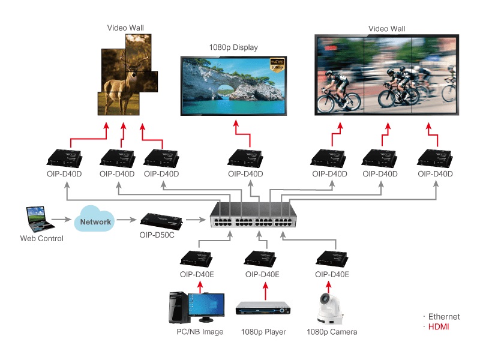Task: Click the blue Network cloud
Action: pyautogui.click(x=94, y=219)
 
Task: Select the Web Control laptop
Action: pyautogui.click(x=40, y=219)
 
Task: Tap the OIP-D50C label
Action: pyautogui.click(x=157, y=235)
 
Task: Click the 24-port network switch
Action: pyautogui.click(x=253, y=215)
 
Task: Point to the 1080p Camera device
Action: pyautogui.click(x=329, y=308)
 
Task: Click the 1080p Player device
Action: pyautogui.click(x=263, y=308)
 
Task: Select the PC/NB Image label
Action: pyautogui.click(x=200, y=332)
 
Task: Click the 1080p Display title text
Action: pyautogui.click(x=233, y=47)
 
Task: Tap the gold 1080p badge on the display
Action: pyautogui.click(x=277, y=65)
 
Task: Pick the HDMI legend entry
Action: pyautogui.click(x=439, y=327)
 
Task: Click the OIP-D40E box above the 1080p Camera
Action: pyautogui.click(x=332, y=259)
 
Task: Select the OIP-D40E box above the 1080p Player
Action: pyautogui.click(x=260, y=259)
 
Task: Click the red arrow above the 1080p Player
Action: pyautogui.click(x=265, y=291)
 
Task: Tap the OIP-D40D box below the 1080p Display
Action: pyautogui.click(x=245, y=158)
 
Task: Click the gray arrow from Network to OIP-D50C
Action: pyautogui.click(x=127, y=220)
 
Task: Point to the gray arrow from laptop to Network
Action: pyautogui.click(x=62, y=220)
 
